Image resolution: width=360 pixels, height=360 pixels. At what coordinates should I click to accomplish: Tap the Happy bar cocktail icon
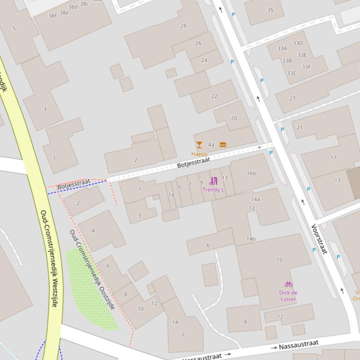point(199,145)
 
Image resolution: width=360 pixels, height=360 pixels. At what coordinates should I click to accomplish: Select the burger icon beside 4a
point(223,145)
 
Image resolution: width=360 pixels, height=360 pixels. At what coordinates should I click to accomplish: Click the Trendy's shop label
point(213,190)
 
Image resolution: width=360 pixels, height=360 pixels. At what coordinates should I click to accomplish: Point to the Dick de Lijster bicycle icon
point(288,284)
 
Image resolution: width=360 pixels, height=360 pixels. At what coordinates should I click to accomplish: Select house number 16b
point(251,173)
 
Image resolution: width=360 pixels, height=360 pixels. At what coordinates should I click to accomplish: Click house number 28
point(184,26)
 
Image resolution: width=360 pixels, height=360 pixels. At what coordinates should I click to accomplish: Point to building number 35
point(270,10)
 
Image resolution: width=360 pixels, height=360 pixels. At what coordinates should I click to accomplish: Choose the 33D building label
point(298,43)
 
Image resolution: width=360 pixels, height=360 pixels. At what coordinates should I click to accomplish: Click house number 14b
point(251,239)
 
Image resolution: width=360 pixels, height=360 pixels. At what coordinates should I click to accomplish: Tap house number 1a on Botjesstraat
point(171,195)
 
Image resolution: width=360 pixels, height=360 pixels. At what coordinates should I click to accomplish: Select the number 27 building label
point(293,99)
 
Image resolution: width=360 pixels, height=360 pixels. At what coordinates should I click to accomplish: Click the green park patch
point(91,292)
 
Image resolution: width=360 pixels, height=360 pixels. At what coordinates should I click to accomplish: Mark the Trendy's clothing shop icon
point(213,181)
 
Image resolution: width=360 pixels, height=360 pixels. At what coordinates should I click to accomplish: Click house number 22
point(214,96)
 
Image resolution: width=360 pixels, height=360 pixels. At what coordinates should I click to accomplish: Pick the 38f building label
point(52,16)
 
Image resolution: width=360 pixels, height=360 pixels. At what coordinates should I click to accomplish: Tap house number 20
point(234,118)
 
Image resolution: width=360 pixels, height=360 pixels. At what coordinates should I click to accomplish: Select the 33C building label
point(292,73)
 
